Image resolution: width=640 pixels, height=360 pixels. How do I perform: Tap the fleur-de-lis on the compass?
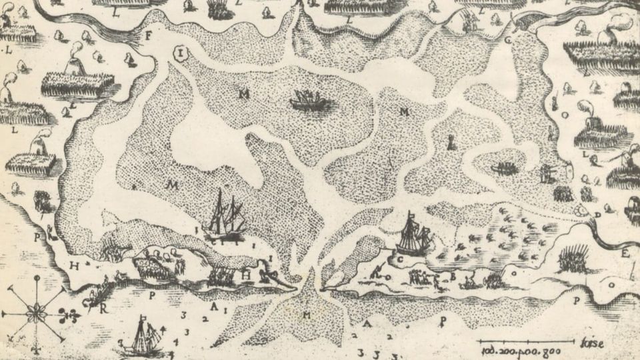[x=66, y=312]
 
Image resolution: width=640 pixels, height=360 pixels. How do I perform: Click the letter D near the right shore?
[x=598, y=215]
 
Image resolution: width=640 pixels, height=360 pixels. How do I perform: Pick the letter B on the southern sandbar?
[x=452, y=275]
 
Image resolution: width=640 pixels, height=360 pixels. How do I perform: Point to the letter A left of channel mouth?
[x=213, y=307]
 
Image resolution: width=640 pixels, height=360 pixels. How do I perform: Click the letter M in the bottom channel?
[x=307, y=314]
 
